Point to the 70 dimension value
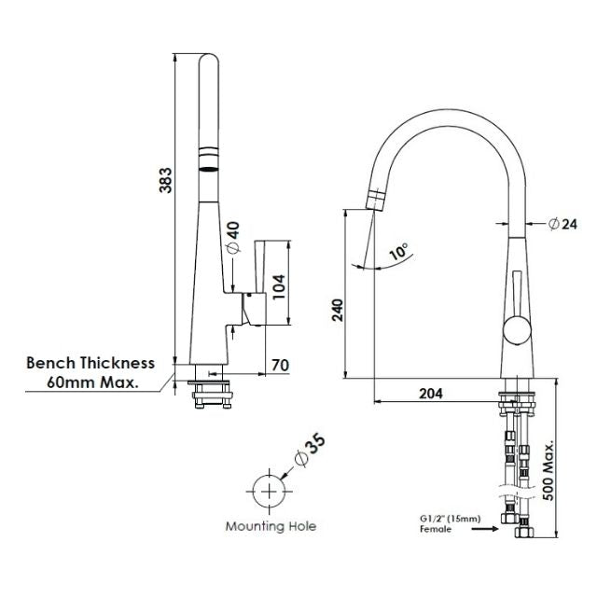pos(279,364)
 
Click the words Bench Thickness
pos(90,363)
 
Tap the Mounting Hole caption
pos(271,526)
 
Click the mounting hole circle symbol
pos(269,489)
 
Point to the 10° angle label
pos(398,252)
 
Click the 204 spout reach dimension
pos(430,393)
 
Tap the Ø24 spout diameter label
pos(564,223)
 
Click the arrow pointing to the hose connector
pos(486,528)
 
